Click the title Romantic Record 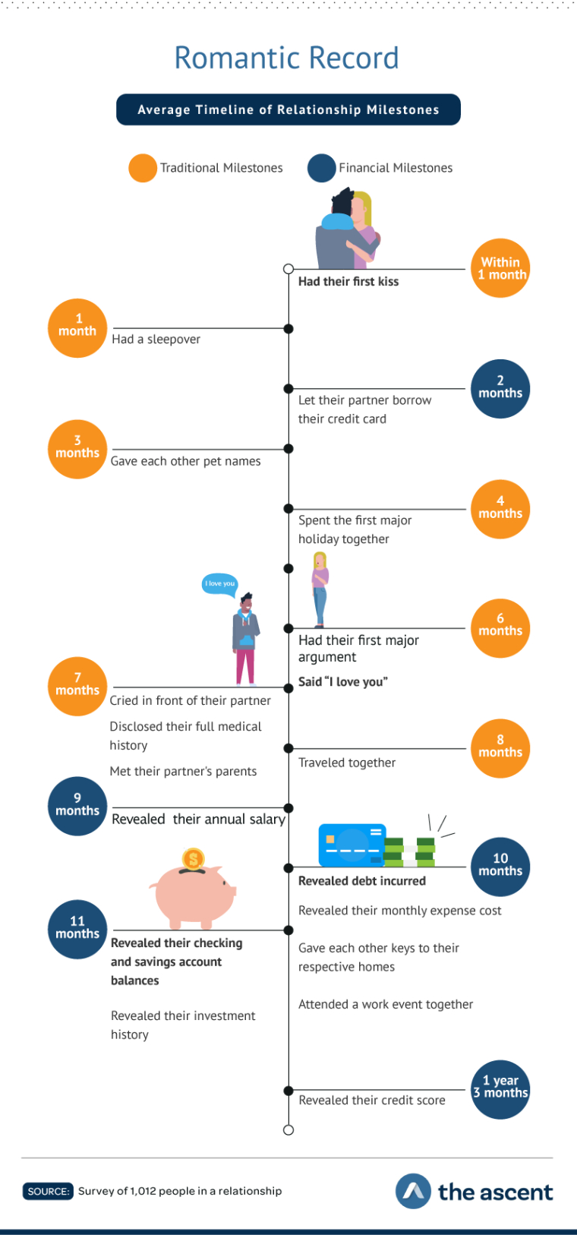tap(287, 58)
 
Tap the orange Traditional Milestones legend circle tap(143, 168)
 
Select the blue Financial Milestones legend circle tap(322, 168)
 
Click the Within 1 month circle tap(500, 269)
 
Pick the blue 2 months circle tap(500, 388)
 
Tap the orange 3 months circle tap(77, 448)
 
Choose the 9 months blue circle tap(77, 806)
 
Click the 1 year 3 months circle tap(500, 1088)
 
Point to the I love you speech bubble tap(219, 584)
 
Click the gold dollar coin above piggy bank tap(194, 860)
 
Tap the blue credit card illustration tap(352, 845)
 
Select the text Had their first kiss tap(348, 282)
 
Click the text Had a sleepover tap(156, 340)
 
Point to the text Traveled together tap(347, 763)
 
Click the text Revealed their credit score tap(372, 1100)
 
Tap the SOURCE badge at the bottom tap(48, 1191)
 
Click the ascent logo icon tap(413, 1191)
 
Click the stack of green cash tap(410, 851)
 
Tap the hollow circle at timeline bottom tap(288, 1130)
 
